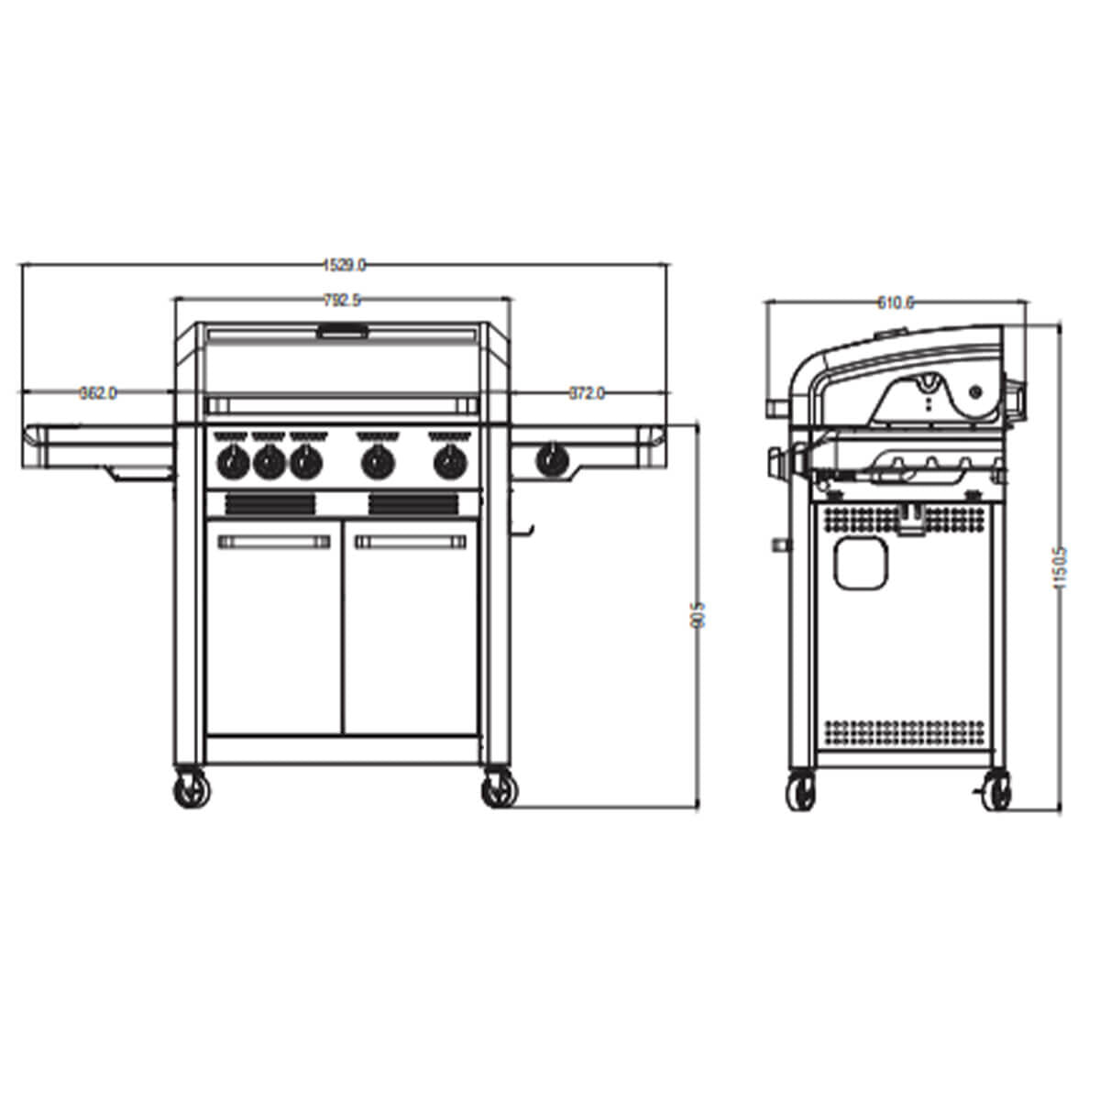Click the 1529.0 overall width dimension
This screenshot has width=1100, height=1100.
pos(345,265)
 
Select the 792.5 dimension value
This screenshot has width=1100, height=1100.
pos(342,299)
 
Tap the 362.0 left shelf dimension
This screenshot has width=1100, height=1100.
pos(98,393)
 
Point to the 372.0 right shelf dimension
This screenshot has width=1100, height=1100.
pos(587,393)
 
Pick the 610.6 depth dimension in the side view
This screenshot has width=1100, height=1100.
pos(896,302)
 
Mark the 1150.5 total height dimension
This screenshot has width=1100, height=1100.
pos(1061,567)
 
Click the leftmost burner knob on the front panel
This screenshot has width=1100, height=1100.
pos(231,462)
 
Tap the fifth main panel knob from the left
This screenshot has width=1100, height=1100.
pos(447,462)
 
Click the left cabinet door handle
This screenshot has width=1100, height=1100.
pos(274,542)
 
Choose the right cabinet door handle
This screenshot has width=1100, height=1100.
pos(411,542)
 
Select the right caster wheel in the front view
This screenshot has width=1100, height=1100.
pos(499,789)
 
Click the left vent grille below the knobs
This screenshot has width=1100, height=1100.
pos(270,503)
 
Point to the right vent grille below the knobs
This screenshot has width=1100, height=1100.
pos(414,503)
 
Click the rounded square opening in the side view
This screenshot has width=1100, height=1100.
pos(861,562)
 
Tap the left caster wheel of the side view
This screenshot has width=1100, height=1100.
pos(800,791)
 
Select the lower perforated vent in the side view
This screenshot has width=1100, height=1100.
pos(904,731)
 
